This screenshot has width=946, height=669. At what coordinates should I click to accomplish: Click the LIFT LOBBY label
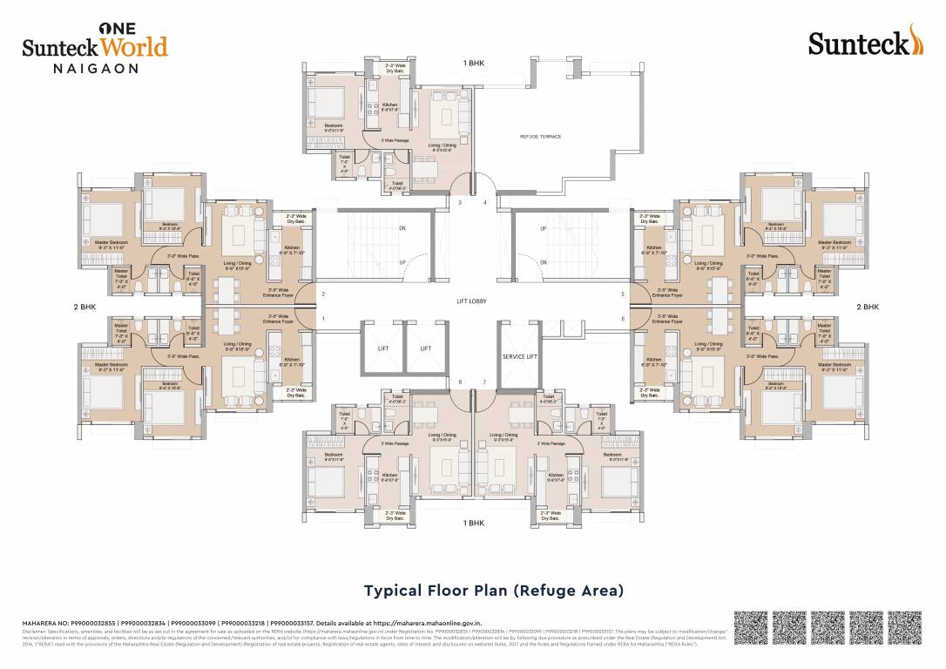(471, 301)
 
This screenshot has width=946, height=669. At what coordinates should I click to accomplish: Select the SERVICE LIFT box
(520, 356)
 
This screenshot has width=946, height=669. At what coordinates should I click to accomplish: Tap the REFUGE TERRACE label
(540, 137)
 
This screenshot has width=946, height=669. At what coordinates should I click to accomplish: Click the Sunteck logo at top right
(864, 41)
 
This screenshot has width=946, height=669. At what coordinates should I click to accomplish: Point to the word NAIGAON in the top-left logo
(80, 68)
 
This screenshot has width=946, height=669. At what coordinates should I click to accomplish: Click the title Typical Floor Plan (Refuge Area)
(493, 591)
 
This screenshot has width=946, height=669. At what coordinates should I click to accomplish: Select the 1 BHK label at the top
(476, 64)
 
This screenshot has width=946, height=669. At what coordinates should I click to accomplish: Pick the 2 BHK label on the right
(868, 307)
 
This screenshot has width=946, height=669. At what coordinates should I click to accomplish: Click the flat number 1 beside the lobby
(322, 319)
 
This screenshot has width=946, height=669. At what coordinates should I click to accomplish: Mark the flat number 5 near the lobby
(623, 294)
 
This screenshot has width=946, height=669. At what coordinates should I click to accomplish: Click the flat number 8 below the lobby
(460, 382)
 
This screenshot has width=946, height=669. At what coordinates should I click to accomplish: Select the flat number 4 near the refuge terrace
(485, 203)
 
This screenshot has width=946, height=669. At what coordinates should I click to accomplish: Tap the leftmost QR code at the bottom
(750, 627)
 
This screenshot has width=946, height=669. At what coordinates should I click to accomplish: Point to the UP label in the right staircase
(544, 229)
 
